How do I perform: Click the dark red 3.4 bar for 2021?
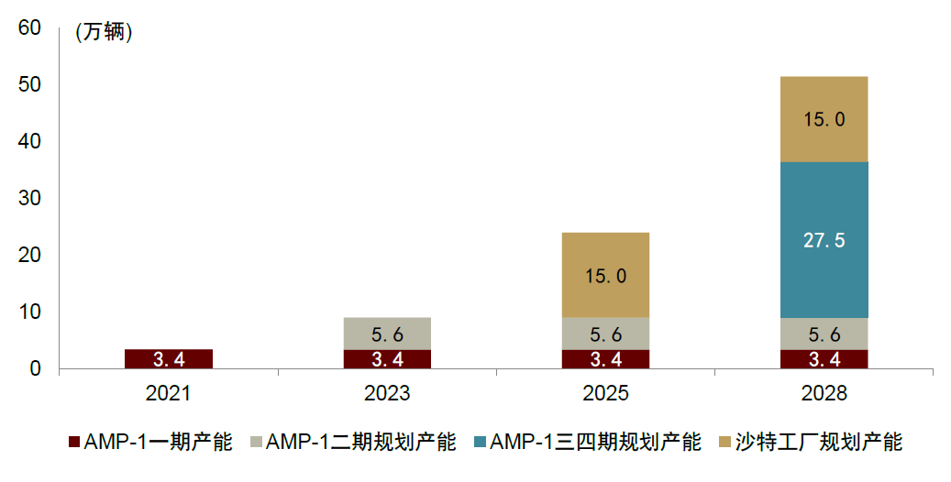168,358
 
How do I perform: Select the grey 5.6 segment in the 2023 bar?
387,334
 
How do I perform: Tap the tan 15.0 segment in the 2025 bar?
605,275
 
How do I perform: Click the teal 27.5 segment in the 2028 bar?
824,240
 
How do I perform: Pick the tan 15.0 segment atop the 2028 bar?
824,119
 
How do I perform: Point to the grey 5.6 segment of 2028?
824,334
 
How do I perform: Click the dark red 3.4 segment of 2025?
605,358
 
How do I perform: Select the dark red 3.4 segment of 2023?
387,358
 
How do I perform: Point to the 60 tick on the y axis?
29,28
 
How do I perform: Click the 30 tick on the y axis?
29,199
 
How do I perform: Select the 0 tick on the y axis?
35,368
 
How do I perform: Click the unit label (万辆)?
104,33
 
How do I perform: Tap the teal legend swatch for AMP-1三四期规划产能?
479,443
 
